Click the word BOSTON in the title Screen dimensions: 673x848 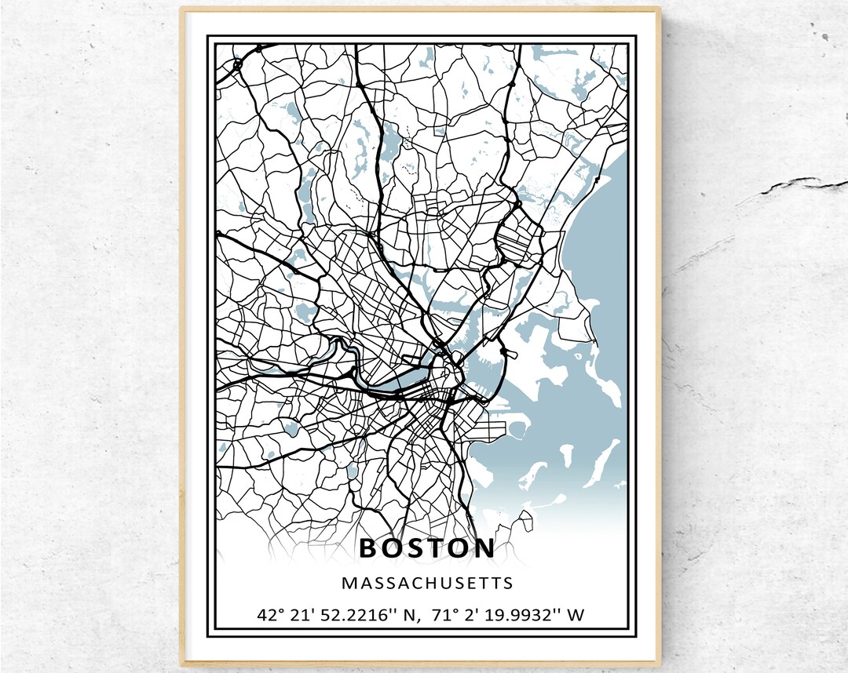(x=427, y=548)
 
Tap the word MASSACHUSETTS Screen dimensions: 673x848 (x=427, y=584)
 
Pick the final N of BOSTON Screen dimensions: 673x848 (x=484, y=548)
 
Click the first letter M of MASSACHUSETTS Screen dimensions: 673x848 (x=348, y=584)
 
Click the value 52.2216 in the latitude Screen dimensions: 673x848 (x=346, y=614)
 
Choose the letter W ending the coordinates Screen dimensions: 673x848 (x=576, y=614)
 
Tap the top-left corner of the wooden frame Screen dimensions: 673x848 (x=182, y=10)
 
